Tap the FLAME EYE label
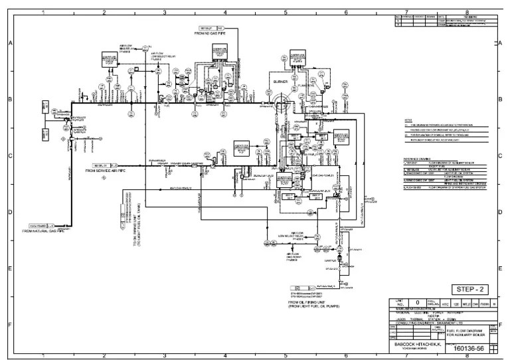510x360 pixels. pyautogui.click(x=306, y=84)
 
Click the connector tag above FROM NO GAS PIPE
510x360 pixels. pyautogui.click(x=208, y=28)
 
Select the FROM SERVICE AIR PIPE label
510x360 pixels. pyautogui.click(x=108, y=171)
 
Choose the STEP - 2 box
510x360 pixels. pyautogui.click(x=469, y=289)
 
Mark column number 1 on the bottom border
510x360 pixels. pyautogui.click(x=43, y=355)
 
